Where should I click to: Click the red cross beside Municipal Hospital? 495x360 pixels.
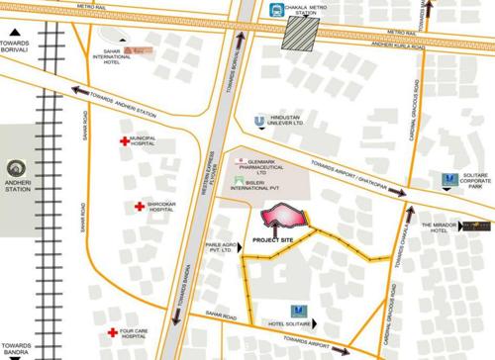click(x=126, y=141)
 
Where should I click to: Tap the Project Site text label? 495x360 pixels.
click(x=272, y=238)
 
